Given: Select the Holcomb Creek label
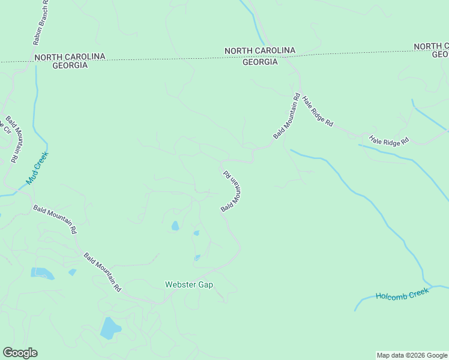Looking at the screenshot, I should pos(402,295).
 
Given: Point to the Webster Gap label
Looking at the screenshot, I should pos(189,284).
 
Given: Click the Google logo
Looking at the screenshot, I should pos(20,353).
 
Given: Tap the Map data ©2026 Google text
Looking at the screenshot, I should pos(412,355).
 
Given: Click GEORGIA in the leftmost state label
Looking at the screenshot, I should pos(70,65).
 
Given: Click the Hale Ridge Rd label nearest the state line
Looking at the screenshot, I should pos(318,112).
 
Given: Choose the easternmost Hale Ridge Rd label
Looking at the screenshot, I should pos(389,141).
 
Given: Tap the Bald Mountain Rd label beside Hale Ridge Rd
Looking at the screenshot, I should pos(286,116).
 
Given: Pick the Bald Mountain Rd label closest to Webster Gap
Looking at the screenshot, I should pos(103,272).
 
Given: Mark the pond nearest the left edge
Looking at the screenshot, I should pos(42,274).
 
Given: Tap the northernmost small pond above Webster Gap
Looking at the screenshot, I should pos(175,226).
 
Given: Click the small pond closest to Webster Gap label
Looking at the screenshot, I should pos(197,258).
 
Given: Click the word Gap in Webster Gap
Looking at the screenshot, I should pos(205,284).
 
